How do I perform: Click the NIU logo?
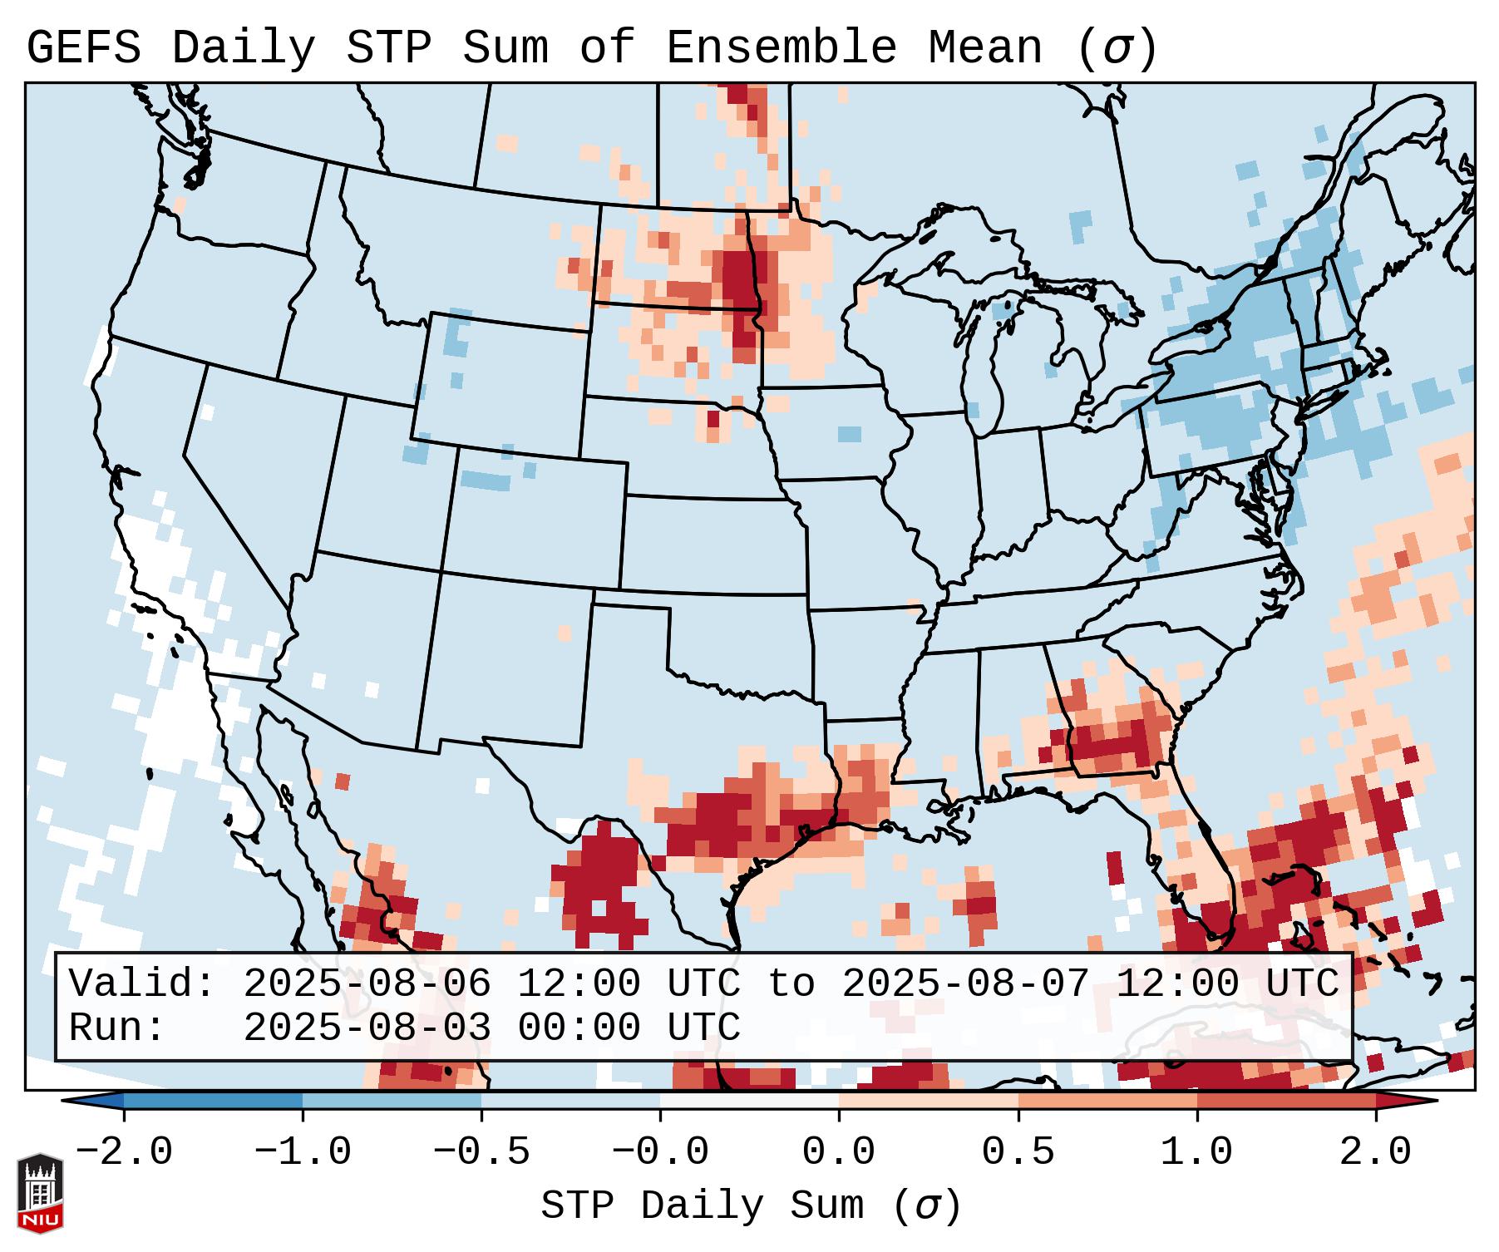[40, 1192]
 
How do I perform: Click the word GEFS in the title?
[83, 48]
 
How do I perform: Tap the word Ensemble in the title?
[781, 48]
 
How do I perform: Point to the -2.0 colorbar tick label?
[124, 1152]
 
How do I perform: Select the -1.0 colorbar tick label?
[303, 1152]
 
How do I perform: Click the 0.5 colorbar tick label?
[1018, 1152]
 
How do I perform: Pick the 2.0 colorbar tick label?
[1375, 1152]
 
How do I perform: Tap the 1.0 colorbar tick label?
[1196, 1152]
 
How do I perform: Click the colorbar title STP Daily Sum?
[703, 1206]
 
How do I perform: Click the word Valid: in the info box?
[142, 984]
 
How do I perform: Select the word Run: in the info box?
[117, 1028]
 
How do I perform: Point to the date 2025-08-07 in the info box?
[965, 984]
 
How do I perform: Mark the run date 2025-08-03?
[367, 1028]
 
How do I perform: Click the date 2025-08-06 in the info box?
[367, 984]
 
